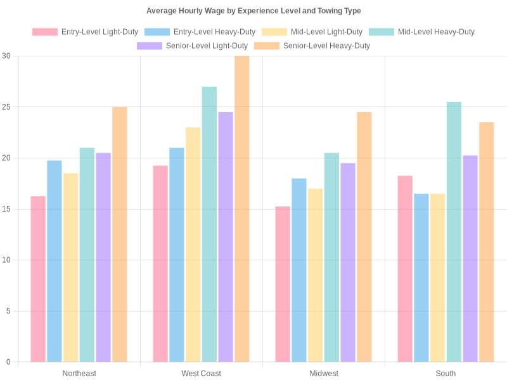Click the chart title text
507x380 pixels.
tap(253, 11)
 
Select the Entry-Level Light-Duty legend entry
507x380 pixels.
tap(85, 32)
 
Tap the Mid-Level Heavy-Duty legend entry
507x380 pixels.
tap(428, 32)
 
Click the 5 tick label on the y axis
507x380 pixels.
tap(9, 311)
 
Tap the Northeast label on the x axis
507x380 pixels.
tap(79, 374)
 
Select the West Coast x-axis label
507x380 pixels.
tap(202, 374)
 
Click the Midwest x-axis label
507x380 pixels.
tap(324, 374)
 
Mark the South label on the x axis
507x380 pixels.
tap(446, 374)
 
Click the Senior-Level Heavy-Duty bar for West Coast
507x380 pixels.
tap(242, 209)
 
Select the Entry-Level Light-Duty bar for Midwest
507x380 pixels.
tap(283, 284)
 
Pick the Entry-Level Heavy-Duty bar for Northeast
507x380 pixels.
tap(55, 262)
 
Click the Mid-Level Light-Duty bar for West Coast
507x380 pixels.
tap(193, 244)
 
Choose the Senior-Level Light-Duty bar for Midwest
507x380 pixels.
tap(348, 263)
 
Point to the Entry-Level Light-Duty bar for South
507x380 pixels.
tap(405, 269)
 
